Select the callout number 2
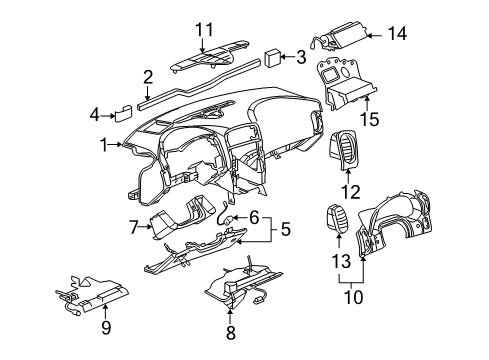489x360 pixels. (147, 75)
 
